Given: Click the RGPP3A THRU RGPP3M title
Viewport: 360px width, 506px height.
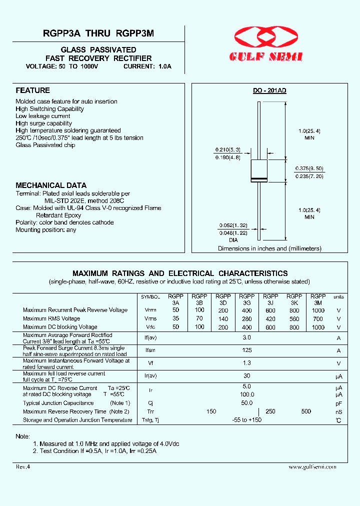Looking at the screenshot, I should (x=98, y=33).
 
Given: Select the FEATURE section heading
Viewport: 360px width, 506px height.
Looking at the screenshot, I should (x=32, y=90).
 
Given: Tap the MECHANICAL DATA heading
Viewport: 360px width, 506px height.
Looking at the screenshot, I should (x=51, y=185).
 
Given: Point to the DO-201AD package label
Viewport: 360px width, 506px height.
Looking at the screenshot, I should (x=269, y=90).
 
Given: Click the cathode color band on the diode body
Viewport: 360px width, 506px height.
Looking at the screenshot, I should (x=259, y=179).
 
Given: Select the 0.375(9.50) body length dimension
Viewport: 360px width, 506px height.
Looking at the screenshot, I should (x=309, y=168).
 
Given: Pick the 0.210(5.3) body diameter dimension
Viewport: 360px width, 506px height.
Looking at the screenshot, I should (x=228, y=149).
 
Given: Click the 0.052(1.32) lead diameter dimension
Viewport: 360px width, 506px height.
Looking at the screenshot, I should (x=233, y=225).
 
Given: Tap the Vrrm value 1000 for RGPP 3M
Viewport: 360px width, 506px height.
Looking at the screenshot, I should (x=318, y=310).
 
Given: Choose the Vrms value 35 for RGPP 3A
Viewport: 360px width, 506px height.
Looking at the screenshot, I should (x=175, y=318).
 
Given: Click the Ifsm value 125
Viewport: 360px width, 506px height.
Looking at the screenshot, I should (x=247, y=350).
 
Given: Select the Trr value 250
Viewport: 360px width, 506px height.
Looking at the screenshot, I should (x=270, y=411).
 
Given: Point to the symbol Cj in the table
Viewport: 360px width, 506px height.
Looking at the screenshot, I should (x=150, y=403).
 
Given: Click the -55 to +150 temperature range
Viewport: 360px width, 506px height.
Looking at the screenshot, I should (x=247, y=420).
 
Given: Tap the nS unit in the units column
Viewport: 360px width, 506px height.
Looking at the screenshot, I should (x=338, y=411).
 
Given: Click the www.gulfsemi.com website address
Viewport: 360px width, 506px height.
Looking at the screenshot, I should (x=312, y=466).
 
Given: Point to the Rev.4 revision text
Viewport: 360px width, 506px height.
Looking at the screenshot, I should (x=23, y=466).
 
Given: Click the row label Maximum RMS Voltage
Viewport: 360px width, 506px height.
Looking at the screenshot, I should (x=51, y=318).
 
